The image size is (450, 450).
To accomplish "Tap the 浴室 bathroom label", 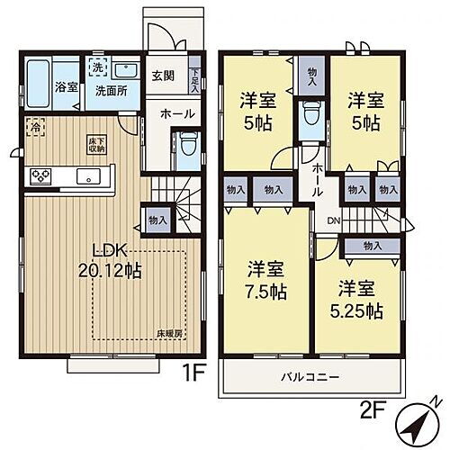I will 66,87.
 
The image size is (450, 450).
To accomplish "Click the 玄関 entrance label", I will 163,76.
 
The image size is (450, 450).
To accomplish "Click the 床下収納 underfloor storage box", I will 96,143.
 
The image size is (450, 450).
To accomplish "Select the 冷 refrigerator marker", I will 35,127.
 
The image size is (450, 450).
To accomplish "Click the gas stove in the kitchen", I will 42,176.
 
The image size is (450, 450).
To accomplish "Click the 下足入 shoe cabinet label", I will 195,83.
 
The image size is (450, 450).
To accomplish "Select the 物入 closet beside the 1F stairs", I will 155,220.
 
